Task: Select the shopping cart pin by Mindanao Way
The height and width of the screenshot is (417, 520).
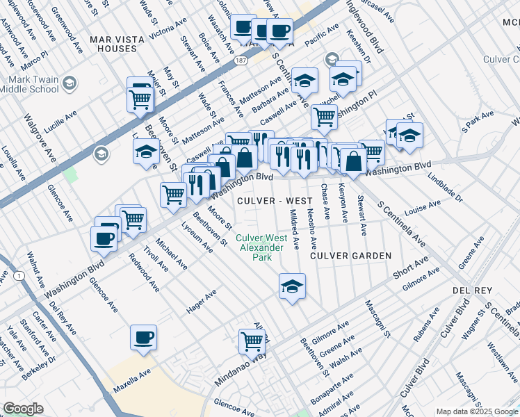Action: click(252, 341)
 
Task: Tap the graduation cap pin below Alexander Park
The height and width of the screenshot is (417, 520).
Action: click(292, 286)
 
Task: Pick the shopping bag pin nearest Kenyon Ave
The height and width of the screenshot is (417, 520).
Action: click(353, 161)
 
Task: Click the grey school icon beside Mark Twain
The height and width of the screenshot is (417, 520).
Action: click(69, 84)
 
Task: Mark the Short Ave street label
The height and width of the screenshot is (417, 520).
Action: click(409, 269)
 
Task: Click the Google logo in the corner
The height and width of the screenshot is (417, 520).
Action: click(23, 409)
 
